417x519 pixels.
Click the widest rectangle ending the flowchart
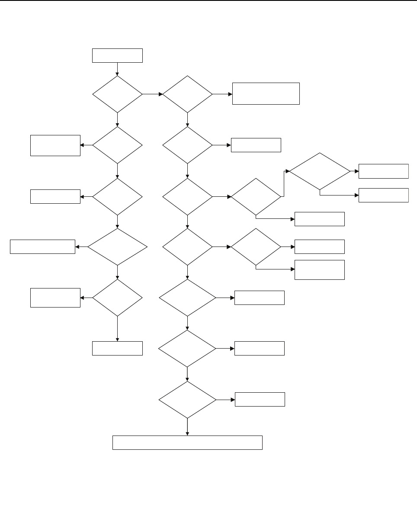pyautogui.click(x=187, y=443)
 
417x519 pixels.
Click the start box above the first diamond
pyautogui.click(x=117, y=56)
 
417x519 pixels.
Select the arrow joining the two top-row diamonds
pyautogui.click(x=152, y=94)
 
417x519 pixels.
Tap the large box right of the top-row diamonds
pyautogui.click(x=266, y=93)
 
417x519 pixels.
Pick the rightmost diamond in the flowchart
pyautogui.click(x=320, y=171)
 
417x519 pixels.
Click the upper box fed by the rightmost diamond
pyautogui.click(x=384, y=171)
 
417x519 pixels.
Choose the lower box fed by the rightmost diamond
pyautogui.click(x=384, y=195)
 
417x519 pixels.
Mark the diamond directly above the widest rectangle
pyautogui.click(x=187, y=400)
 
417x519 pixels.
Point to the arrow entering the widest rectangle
pyautogui.click(x=187, y=427)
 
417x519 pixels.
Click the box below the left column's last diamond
pyautogui.click(x=117, y=348)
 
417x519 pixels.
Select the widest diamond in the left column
pyautogui.click(x=117, y=247)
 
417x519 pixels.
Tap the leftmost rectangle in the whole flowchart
pyautogui.click(x=42, y=247)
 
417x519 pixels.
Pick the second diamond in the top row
pyautogui.click(x=187, y=94)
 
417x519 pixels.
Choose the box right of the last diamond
pyautogui.click(x=260, y=399)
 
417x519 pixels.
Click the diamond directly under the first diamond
pyautogui.click(x=117, y=145)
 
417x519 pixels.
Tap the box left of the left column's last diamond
pyautogui.click(x=55, y=298)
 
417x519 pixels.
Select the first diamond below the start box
pyautogui.click(x=117, y=94)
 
